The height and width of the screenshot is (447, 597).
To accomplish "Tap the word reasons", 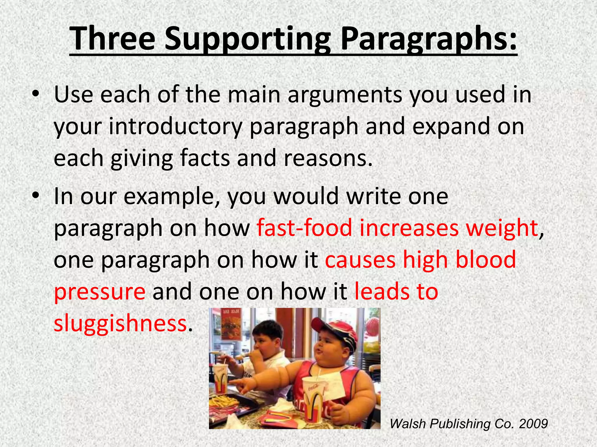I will [x=328, y=158].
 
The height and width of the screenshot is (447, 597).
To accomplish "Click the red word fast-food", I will [x=304, y=228].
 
